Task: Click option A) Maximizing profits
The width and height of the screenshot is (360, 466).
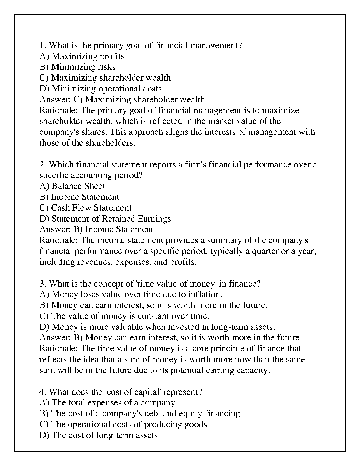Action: [82, 56]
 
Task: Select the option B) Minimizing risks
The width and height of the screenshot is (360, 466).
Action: [77, 67]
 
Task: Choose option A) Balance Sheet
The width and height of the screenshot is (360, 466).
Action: [72, 186]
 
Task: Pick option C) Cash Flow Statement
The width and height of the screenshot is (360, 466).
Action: [85, 208]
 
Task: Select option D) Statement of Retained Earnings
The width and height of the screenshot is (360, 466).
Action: [105, 219]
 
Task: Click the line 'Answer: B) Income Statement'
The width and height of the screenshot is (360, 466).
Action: [96, 229]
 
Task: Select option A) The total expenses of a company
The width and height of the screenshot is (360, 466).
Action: [107, 403]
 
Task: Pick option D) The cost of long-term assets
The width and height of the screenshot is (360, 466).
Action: [99, 435]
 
